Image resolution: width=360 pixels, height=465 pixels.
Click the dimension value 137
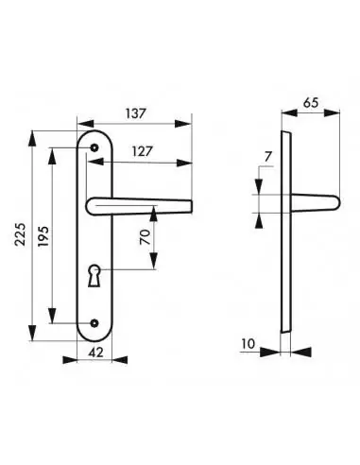coord(135,113)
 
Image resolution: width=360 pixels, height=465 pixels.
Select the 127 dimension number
coord(142,152)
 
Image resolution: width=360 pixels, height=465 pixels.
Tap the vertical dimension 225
coord(21,234)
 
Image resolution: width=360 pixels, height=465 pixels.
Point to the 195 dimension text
coord(43,236)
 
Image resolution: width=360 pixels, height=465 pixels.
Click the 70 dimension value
coord(146,237)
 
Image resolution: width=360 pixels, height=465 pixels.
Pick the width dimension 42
coord(95,353)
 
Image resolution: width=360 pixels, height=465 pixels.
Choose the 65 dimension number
coord(311,103)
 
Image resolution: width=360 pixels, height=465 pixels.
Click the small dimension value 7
coord(268,157)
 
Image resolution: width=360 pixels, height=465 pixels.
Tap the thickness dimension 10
coord(249,344)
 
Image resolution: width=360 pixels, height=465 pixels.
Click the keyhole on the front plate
coord(94,275)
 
